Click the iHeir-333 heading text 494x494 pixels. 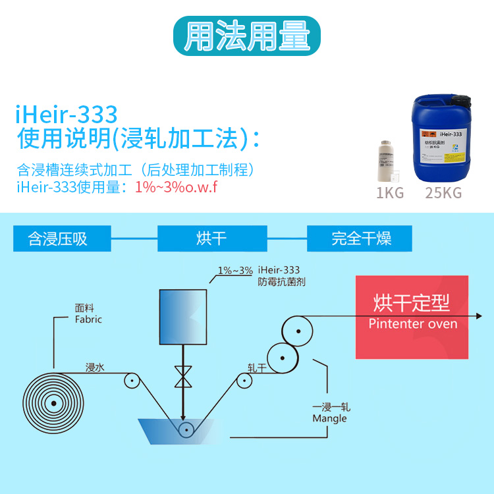pos(67,115)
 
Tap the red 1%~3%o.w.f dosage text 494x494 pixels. pos(176,187)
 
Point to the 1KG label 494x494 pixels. pos(389,194)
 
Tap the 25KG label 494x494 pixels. pos(443,194)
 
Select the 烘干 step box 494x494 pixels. pos(211,238)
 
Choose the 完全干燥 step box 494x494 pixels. pos(361,238)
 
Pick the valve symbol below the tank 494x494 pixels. pos(182,376)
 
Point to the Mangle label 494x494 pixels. pos(329,418)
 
